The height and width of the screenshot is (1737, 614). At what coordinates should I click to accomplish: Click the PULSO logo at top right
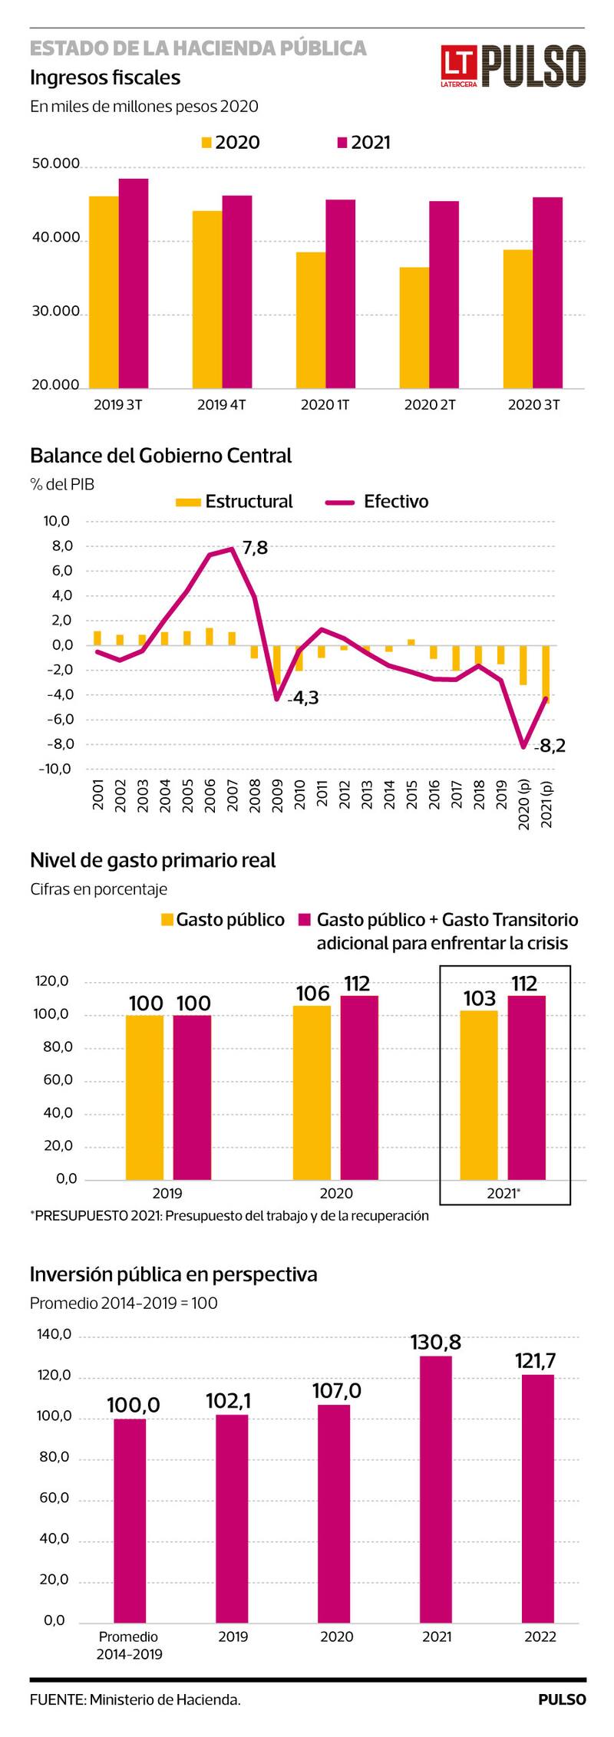tap(513, 65)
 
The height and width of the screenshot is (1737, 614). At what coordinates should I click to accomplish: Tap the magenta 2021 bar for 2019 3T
tap(134, 282)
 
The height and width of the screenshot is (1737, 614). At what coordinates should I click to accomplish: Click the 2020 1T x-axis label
tap(325, 404)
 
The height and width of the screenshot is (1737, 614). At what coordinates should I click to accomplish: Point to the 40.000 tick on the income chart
tap(55, 238)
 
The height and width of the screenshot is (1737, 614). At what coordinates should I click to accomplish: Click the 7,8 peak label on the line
tap(255, 547)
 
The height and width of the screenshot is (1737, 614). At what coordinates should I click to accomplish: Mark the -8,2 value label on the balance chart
tap(550, 745)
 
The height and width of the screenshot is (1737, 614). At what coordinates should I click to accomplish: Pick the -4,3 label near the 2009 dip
tap(303, 697)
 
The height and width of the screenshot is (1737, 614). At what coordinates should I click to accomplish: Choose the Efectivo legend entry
tap(378, 502)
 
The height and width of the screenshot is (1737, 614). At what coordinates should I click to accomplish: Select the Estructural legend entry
tap(235, 502)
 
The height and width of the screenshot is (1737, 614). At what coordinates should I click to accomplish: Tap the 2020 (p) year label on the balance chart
tap(525, 804)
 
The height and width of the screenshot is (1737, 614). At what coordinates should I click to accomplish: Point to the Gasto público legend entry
tap(222, 919)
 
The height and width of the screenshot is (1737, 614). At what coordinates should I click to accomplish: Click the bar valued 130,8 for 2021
tap(436, 1489)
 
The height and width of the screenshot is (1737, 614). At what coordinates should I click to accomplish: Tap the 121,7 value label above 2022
tap(535, 1361)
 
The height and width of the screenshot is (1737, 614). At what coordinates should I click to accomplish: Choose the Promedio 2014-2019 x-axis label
tap(129, 1645)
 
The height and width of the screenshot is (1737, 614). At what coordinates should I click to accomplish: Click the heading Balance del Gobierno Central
tap(160, 456)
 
